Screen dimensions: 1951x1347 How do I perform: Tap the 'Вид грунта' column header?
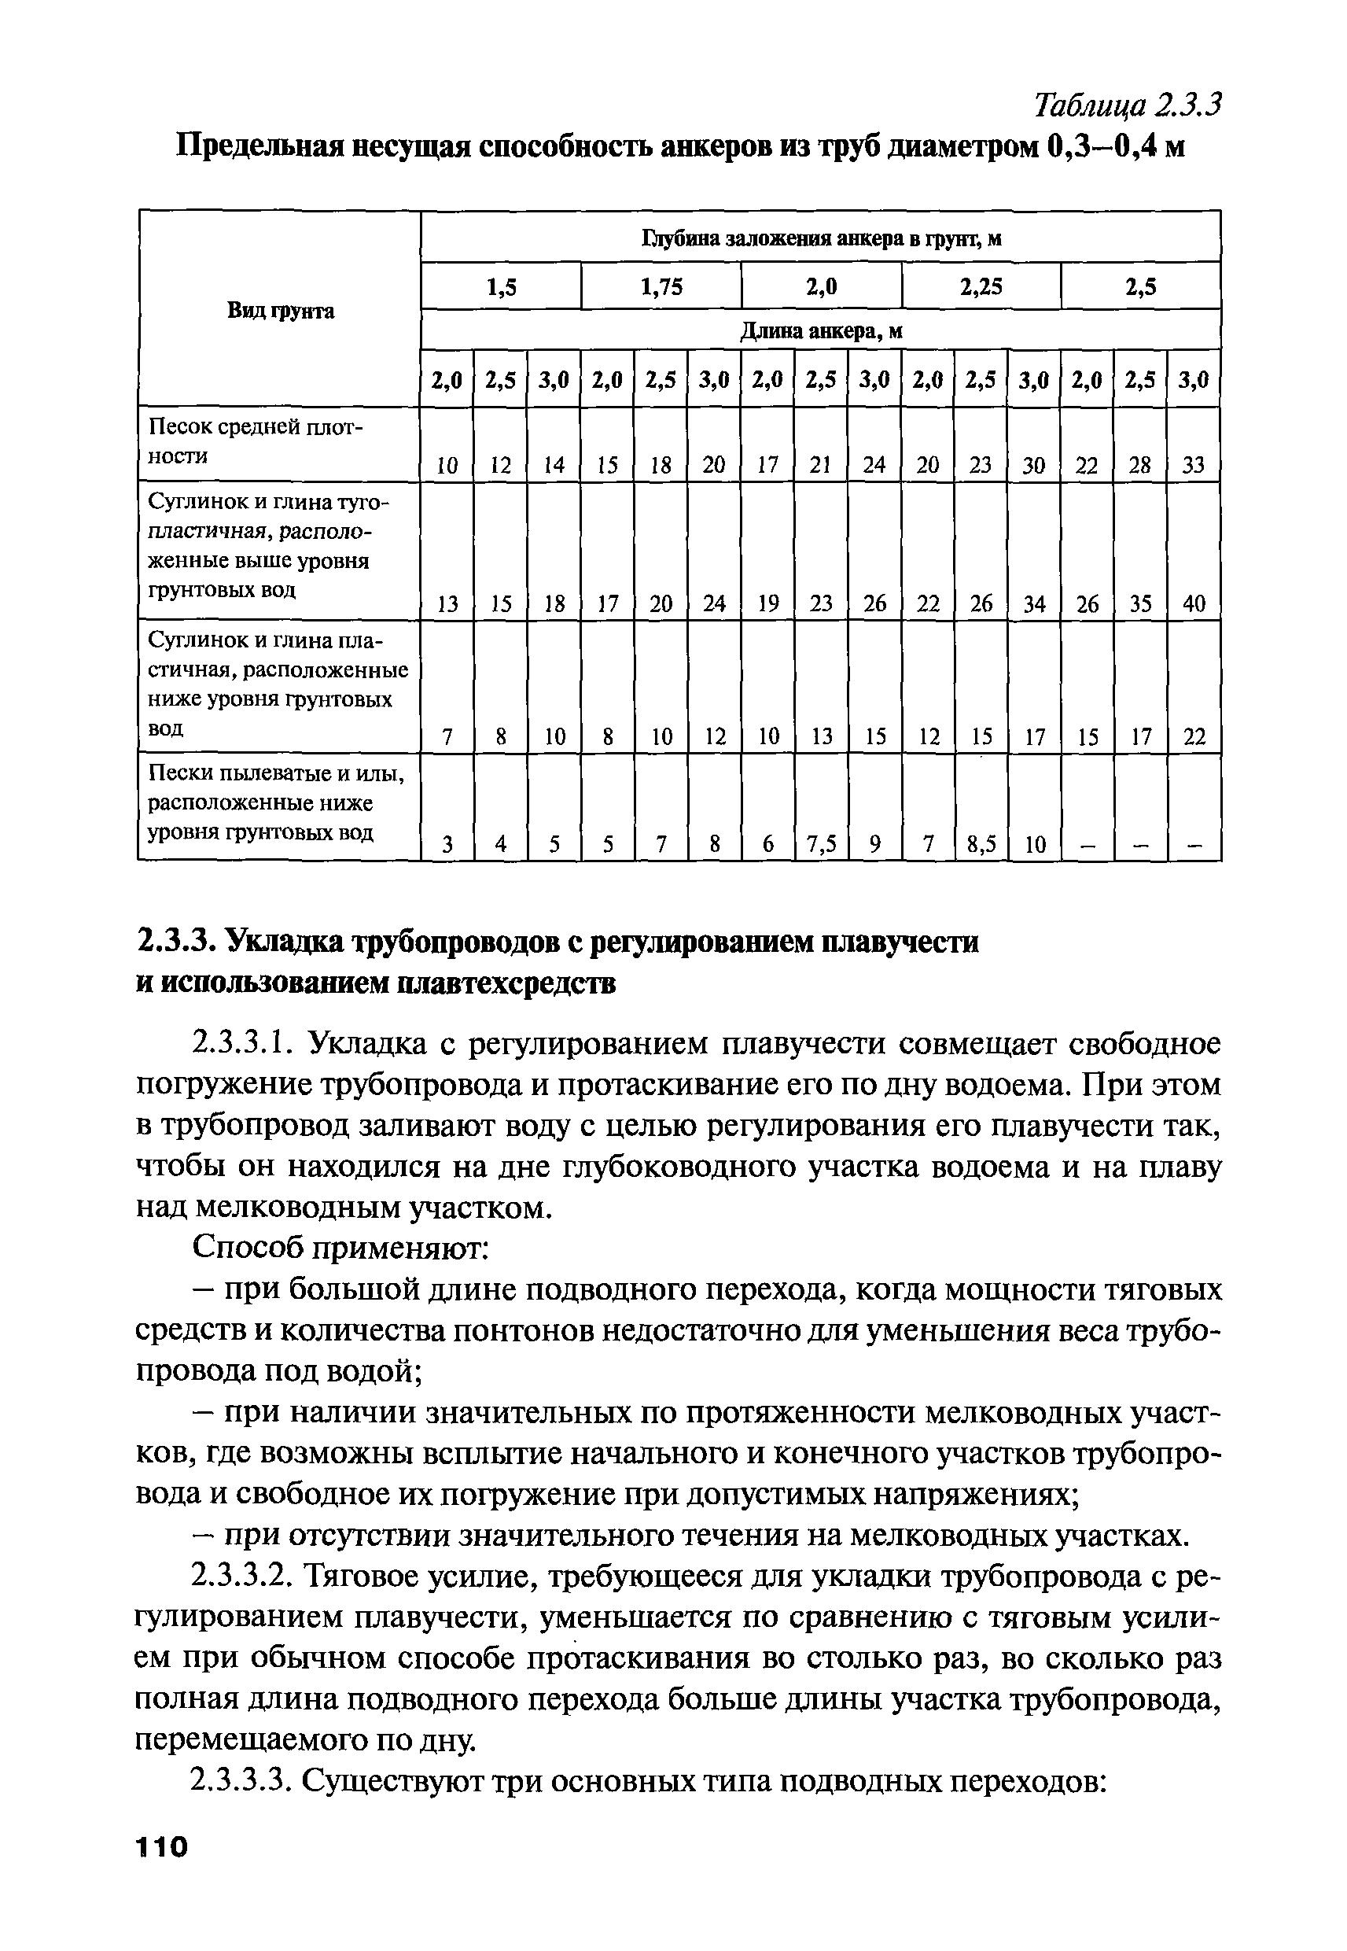tap(280, 311)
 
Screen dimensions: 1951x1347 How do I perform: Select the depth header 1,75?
tap(661, 288)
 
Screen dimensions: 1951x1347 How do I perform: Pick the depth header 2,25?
tap(981, 288)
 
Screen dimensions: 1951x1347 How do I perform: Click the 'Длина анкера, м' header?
tap(820, 332)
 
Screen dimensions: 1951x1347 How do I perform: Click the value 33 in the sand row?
tap(1194, 465)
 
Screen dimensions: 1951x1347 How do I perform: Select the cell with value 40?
tap(1194, 603)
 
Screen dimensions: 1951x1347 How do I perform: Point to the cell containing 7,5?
tap(820, 844)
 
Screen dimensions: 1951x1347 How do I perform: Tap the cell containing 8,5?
tap(981, 844)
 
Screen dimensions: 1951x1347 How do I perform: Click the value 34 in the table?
tap(1034, 603)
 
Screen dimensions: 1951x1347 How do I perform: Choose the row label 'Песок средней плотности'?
tap(255, 441)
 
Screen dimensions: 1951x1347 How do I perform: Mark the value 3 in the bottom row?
tap(447, 844)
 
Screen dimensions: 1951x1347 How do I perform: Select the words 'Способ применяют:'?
tap(341, 1248)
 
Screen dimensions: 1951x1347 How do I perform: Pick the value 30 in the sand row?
tap(1034, 465)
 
